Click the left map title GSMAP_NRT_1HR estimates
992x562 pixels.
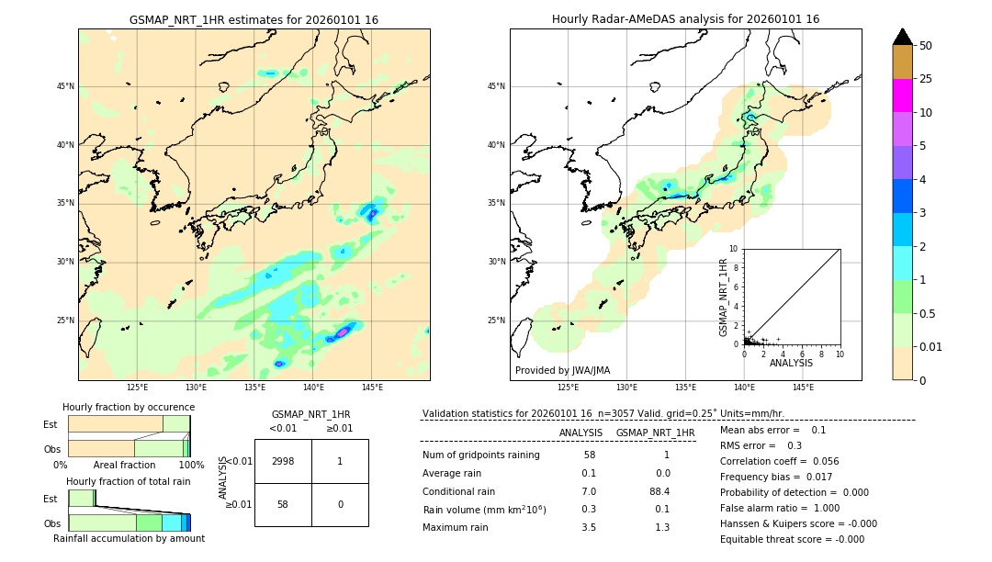254,19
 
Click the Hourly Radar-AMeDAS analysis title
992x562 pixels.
685,19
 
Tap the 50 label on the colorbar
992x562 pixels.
926,46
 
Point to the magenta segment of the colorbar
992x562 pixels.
902,96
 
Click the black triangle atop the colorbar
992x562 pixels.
902,37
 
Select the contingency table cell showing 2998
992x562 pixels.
283,462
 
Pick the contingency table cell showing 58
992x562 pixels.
283,504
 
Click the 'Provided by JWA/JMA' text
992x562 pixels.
562,370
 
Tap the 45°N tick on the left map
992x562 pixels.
65,86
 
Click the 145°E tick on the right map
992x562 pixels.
803,388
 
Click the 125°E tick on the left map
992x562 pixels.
137,388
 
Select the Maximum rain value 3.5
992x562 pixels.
589,527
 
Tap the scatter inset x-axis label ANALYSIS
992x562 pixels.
791,363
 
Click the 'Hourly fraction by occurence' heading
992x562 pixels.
129,407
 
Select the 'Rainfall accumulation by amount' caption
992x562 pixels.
129,538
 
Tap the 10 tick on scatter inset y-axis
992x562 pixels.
733,249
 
